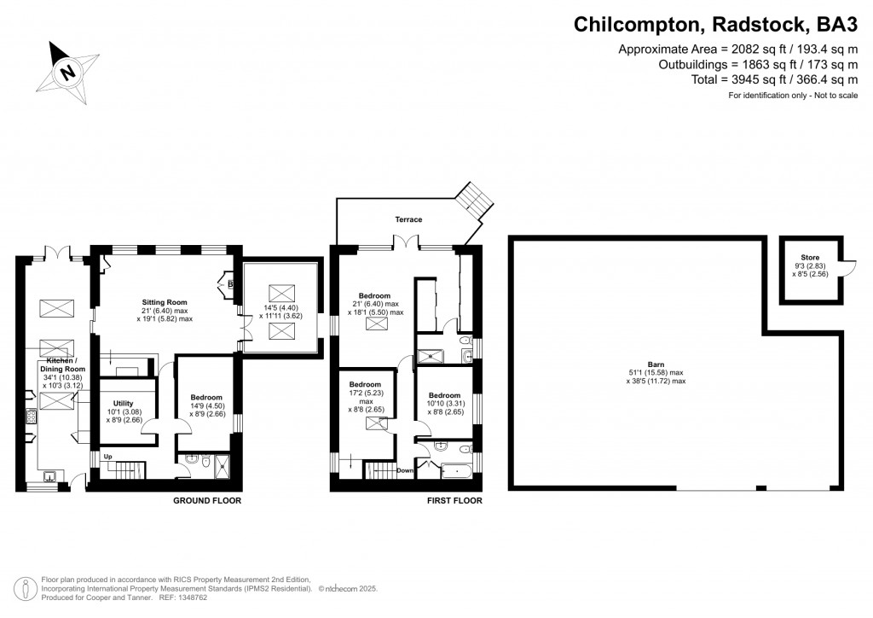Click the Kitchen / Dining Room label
[x=55, y=366]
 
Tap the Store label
[x=809, y=258]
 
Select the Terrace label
[x=408, y=219]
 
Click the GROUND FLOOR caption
[x=207, y=501]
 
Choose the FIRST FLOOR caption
[x=454, y=501]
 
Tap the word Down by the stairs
[x=406, y=470]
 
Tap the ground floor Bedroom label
[x=206, y=397]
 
